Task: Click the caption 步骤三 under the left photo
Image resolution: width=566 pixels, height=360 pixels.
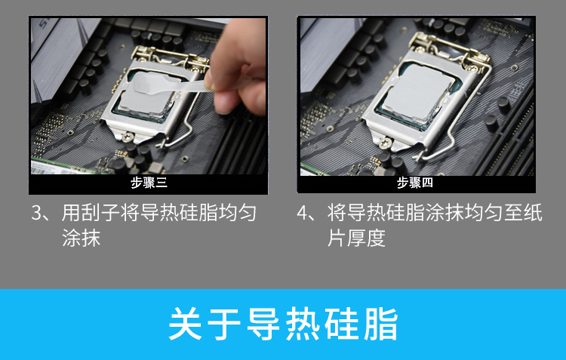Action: (x=149, y=183)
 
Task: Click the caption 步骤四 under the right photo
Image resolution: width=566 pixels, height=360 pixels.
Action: (x=415, y=183)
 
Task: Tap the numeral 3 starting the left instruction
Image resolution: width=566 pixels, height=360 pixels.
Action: (x=37, y=213)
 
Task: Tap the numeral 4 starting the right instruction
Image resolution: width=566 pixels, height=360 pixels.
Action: (x=302, y=213)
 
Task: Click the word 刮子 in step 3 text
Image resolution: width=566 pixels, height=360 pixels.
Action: (x=100, y=212)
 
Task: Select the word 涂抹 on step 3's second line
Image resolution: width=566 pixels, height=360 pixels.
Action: (x=81, y=238)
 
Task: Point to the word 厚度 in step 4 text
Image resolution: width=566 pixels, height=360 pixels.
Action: (x=366, y=238)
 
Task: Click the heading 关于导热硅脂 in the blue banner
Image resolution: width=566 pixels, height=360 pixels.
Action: (x=283, y=324)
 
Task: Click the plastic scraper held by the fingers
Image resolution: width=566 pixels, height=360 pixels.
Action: (x=170, y=85)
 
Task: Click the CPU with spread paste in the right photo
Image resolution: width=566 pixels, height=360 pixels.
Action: (x=417, y=93)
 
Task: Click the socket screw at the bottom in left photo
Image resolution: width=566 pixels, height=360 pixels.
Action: (x=127, y=137)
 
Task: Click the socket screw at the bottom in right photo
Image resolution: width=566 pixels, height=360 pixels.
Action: (x=385, y=143)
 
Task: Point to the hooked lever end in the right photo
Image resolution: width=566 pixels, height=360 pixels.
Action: (x=419, y=156)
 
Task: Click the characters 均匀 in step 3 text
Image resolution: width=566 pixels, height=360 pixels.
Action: (x=237, y=212)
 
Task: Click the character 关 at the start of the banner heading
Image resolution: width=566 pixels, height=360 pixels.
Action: (x=185, y=324)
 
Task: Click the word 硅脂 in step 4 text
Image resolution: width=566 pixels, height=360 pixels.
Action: (x=405, y=212)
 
